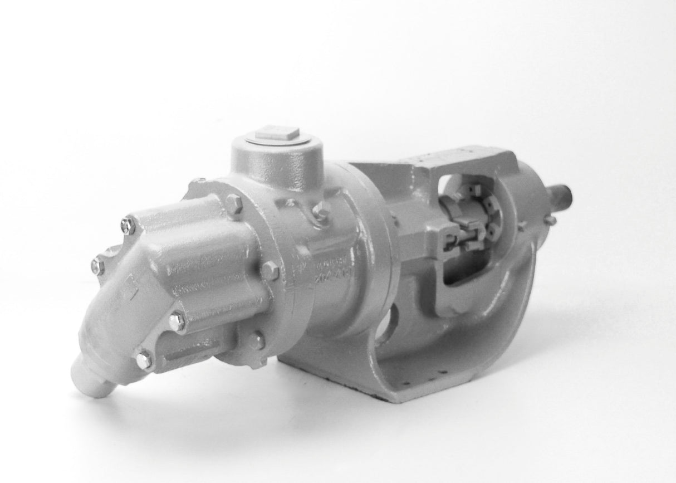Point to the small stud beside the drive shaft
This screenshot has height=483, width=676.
pyautogui.click(x=550, y=220)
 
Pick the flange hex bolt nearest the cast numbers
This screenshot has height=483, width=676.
pyautogui.click(x=270, y=271)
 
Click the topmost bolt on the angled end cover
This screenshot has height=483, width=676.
pyautogui.click(x=128, y=225)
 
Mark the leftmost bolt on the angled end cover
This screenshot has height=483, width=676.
pyautogui.click(x=98, y=266)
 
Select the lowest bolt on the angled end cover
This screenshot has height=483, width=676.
pyautogui.click(x=144, y=359)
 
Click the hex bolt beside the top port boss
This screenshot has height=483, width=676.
pyautogui.click(x=321, y=210)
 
